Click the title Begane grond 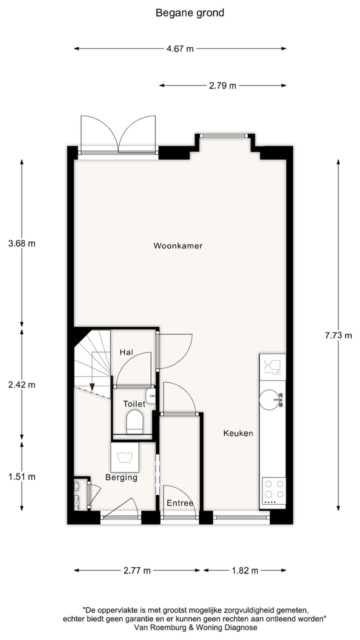click(190, 13)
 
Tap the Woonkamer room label click(177, 245)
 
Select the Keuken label click(238, 433)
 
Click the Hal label click(126, 352)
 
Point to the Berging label click(121, 477)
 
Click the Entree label click(180, 503)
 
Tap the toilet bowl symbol click(134, 421)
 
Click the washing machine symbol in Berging click(124, 457)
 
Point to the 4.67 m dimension click(180, 48)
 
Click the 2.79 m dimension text click(222, 85)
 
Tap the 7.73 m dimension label click(338, 335)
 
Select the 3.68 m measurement click(22, 243)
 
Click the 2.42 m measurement click(22, 385)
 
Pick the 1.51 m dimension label click(22, 476)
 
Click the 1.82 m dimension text click(244, 570)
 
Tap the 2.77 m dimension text click(137, 570)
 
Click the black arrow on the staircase click(92, 386)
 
